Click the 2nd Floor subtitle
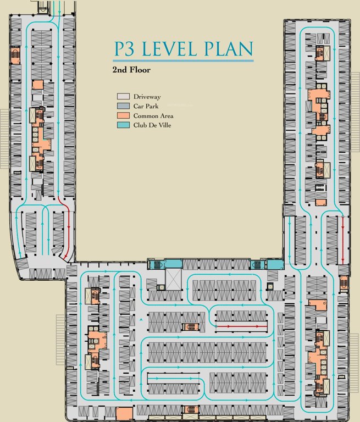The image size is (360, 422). tap(131, 70)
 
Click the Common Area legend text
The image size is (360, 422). tap(153, 116)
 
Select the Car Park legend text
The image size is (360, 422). tap(146, 106)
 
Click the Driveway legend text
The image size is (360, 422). tap(147, 97)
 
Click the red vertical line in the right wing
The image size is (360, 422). tap(343, 240)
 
